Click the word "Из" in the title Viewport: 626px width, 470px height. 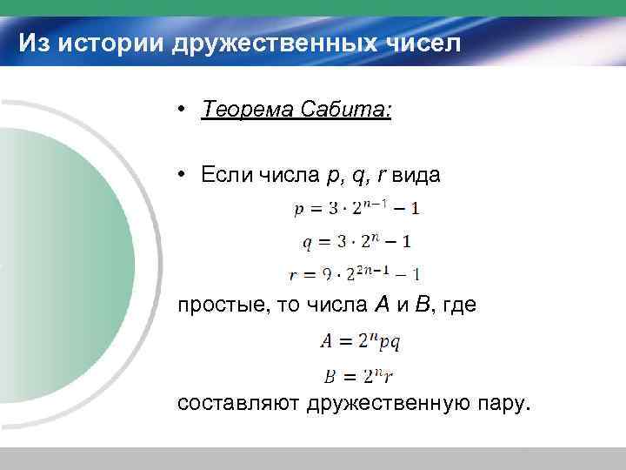click(x=34, y=42)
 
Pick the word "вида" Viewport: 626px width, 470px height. click(x=416, y=175)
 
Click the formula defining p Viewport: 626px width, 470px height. click(x=356, y=208)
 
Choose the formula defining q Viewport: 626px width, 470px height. click(x=356, y=240)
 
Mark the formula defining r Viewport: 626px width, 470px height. click(x=356, y=273)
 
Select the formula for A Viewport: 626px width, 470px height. click(x=360, y=342)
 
